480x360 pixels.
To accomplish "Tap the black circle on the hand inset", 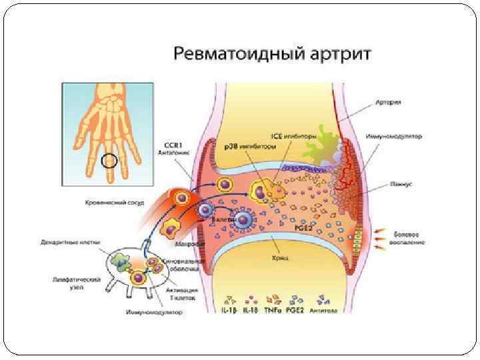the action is click(109, 161).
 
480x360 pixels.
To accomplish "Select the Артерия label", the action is click(387, 103).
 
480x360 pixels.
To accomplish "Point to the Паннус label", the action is click(396, 182).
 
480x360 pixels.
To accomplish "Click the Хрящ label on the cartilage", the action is click(279, 255).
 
